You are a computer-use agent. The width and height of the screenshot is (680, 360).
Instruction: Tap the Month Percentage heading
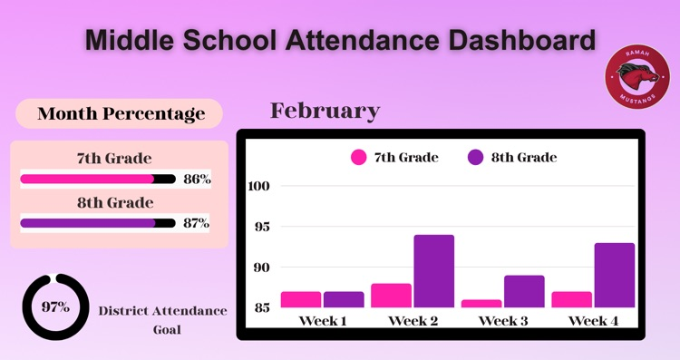[x=120, y=113]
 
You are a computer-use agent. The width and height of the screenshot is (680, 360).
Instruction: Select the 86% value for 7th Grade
[x=197, y=180]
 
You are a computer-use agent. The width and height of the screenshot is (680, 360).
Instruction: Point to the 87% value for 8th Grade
[x=196, y=222]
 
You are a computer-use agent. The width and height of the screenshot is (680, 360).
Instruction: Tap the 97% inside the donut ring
[x=55, y=306]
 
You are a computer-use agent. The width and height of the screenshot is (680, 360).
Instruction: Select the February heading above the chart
[x=325, y=111]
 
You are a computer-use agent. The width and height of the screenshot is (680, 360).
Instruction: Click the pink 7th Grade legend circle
[x=359, y=157]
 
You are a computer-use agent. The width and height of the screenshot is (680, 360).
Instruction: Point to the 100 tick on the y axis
[x=259, y=186]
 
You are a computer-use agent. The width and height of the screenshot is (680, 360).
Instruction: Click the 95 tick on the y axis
[x=261, y=227]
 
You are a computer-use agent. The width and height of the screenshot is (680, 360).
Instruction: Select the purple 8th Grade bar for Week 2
[x=434, y=271]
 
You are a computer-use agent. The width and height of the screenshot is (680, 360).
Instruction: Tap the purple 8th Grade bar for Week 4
[x=615, y=275]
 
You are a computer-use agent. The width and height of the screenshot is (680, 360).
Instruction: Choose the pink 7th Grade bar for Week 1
[x=300, y=299]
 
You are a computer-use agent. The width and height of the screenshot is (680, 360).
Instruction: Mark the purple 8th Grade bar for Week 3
[x=524, y=291]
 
